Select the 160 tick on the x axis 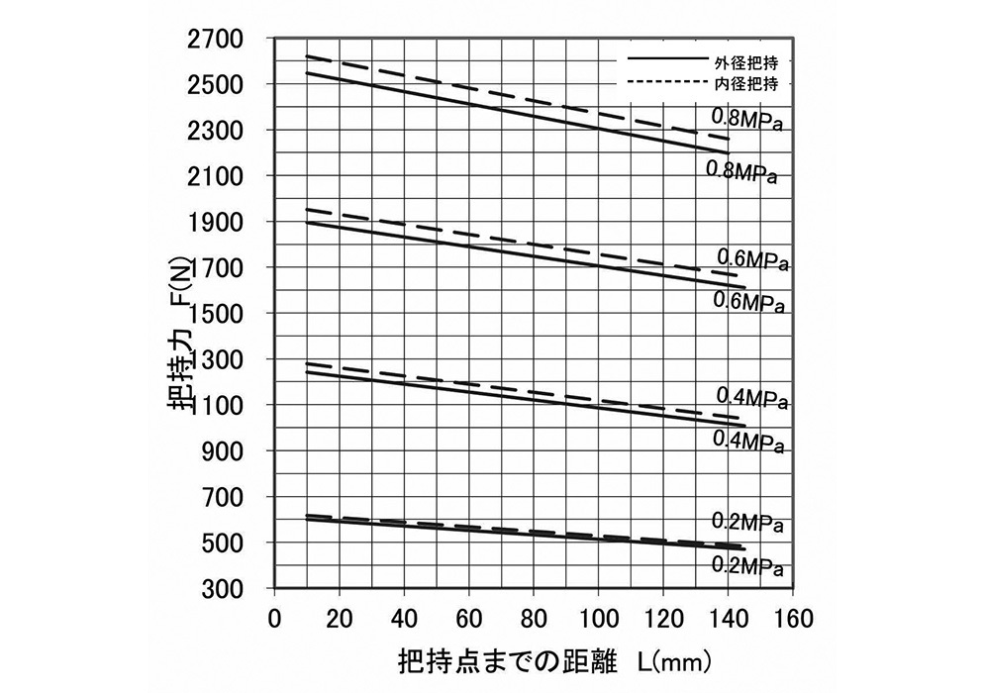pyautogui.click(x=791, y=620)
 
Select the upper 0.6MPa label pyautogui.click(x=751, y=260)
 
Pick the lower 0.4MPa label pyautogui.click(x=748, y=441)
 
